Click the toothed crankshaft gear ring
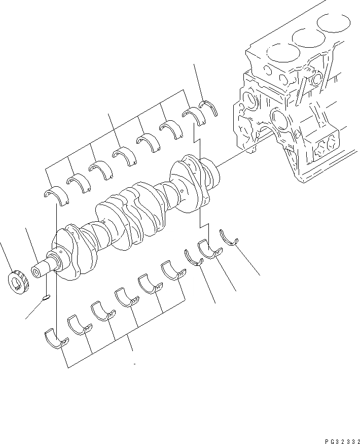[18, 281]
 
